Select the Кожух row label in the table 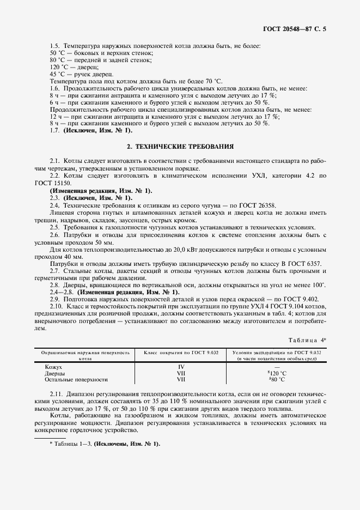pos(54,367)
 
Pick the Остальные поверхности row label pos(76,380)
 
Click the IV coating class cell pos(181,367)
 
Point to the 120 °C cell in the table pos(277,373)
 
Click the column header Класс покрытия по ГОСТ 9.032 pos(181,353)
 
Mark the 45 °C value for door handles pos(58,74)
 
